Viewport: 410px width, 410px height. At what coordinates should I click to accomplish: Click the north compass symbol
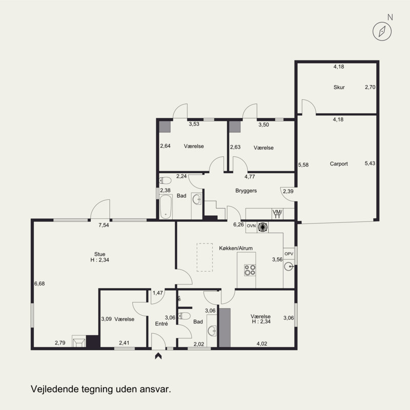(x=382, y=31)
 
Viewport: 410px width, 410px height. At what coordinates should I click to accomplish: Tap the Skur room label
(x=339, y=87)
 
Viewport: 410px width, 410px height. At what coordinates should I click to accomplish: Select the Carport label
(x=339, y=164)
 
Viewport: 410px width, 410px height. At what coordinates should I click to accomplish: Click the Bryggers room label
(x=246, y=191)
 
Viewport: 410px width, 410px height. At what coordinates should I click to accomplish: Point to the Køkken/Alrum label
(x=236, y=248)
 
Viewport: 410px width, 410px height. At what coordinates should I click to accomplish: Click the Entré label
(x=161, y=324)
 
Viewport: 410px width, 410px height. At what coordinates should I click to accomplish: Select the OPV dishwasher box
(x=289, y=254)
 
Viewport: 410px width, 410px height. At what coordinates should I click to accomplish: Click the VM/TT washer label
(x=277, y=214)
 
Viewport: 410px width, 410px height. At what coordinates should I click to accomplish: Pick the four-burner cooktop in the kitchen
(x=250, y=270)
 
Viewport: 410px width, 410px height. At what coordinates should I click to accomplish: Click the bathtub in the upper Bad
(x=166, y=207)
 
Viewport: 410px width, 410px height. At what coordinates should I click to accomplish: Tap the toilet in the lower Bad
(x=184, y=316)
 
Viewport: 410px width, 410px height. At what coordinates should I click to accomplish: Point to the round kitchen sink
(x=289, y=267)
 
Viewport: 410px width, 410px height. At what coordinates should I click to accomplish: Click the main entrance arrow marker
(x=158, y=356)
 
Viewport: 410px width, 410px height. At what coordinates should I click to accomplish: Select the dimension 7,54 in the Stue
(x=104, y=225)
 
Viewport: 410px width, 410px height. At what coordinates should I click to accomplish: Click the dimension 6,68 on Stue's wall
(x=39, y=283)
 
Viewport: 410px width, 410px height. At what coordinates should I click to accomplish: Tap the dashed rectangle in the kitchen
(x=204, y=257)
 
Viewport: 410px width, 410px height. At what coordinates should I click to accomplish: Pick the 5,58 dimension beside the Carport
(x=303, y=165)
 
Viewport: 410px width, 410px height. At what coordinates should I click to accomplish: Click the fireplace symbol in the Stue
(x=79, y=341)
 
